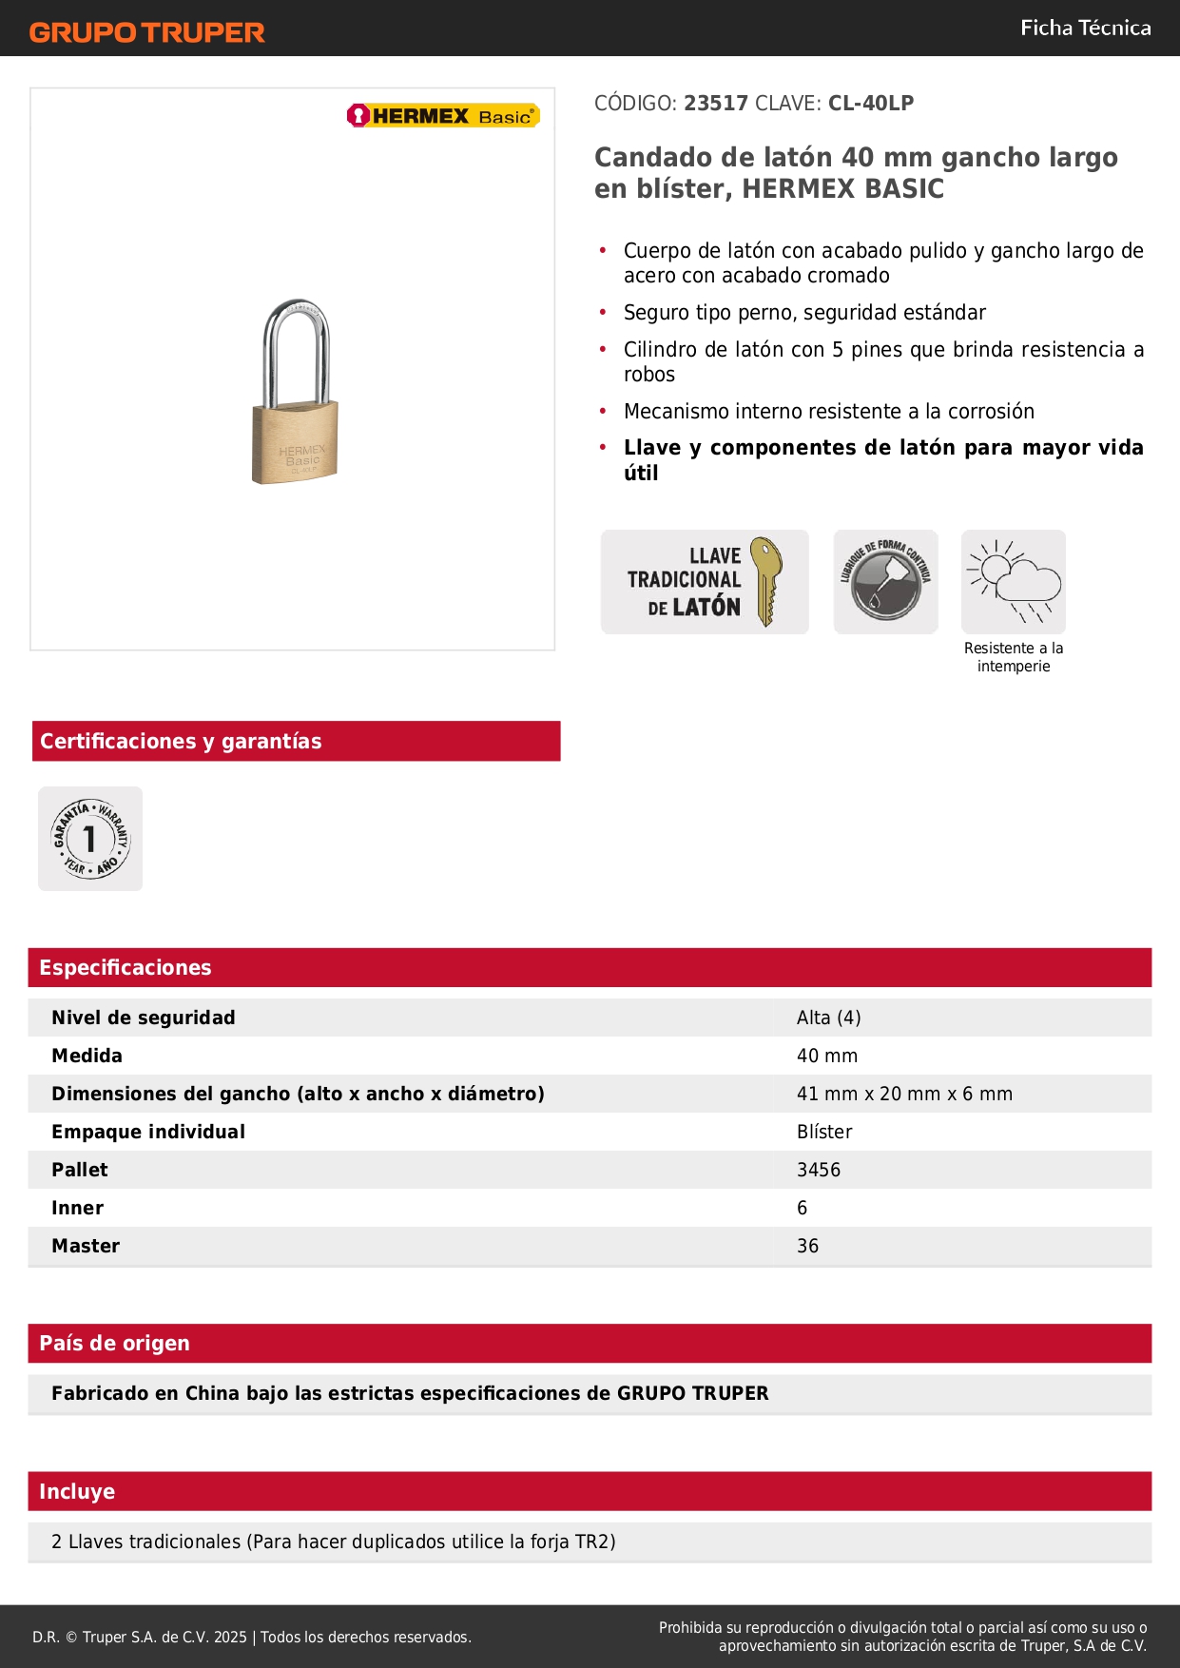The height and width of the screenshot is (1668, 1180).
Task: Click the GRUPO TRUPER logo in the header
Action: coord(147,32)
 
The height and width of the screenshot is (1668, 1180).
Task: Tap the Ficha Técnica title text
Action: coord(1085,28)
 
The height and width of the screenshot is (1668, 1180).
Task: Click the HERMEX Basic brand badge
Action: coord(443,116)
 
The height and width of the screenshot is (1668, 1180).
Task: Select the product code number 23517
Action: coord(716,104)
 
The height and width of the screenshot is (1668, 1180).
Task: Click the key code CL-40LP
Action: coord(871,104)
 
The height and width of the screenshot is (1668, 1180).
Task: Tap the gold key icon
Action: coord(766,581)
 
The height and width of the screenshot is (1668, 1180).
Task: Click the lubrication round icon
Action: coord(885,582)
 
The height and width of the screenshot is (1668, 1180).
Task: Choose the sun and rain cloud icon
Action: coord(1014,581)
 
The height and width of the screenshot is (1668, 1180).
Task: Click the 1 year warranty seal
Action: coord(90,839)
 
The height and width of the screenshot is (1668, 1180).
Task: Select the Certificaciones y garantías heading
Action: coord(181,742)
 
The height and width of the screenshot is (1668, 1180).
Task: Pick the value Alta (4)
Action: coord(828,1018)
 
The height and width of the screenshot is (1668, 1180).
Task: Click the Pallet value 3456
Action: coord(819,1170)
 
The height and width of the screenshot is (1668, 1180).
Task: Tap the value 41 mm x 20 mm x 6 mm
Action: coord(904,1094)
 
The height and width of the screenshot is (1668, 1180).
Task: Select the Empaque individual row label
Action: coord(148,1132)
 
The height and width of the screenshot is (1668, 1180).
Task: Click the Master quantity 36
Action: coord(807,1246)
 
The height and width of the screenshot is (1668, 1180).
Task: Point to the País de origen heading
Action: coord(114,1344)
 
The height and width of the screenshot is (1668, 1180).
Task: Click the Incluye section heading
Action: coord(77,1492)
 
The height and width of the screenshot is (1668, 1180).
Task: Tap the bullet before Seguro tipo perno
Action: coord(603,312)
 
